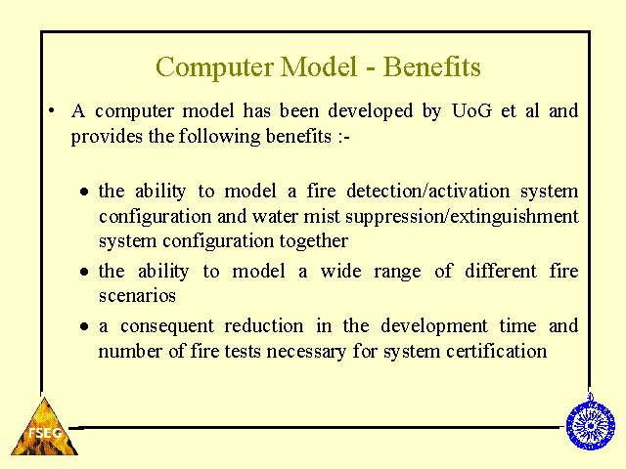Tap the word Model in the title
pos(318,66)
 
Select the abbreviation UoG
pos(471,110)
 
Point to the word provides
pos(107,137)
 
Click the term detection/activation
pos(428,191)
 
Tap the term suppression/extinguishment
pos(462,217)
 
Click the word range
pos(397,273)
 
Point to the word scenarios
pos(137,296)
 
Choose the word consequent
pos(167,326)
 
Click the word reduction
pos(263,325)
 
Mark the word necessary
pos(306,352)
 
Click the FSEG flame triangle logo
pos(44,427)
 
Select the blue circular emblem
pos(591,423)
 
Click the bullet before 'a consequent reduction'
pos(84,326)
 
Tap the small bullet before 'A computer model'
pos(51,110)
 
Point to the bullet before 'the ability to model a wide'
pos(84,272)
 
